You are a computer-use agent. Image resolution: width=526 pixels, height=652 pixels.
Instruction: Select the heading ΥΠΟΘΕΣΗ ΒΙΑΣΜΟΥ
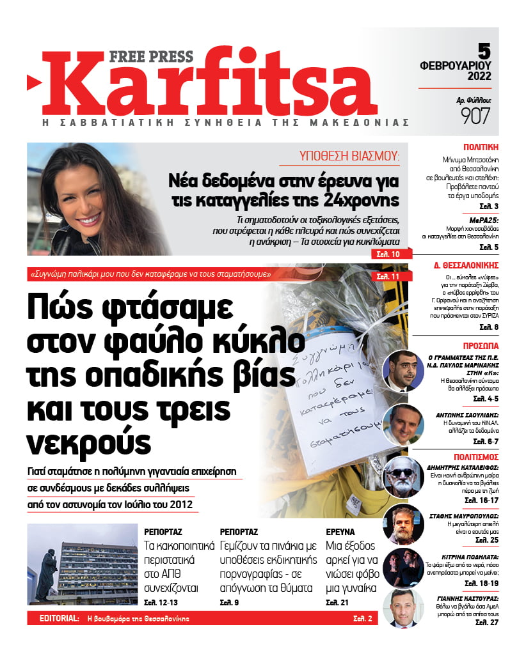[x=349, y=156]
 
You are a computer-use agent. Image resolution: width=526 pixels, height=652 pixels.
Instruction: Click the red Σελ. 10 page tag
[x=388, y=254]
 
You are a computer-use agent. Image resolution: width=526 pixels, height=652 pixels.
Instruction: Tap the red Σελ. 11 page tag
[x=388, y=276]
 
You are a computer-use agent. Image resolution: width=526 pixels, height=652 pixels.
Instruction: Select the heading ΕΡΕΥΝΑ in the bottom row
[x=340, y=531]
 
